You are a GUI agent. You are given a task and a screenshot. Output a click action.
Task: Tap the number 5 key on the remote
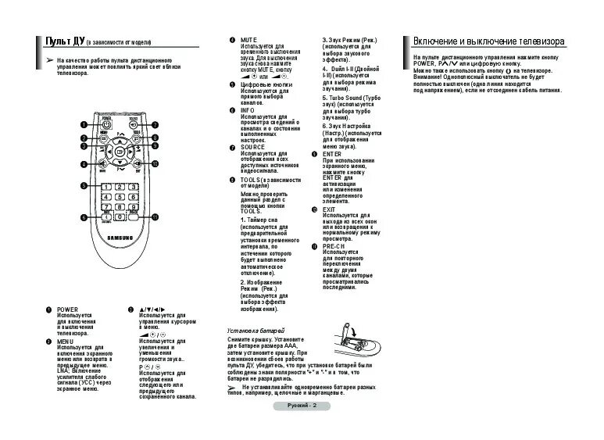(x=120, y=196)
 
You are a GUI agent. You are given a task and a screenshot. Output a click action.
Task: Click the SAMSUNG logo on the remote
(x=120, y=238)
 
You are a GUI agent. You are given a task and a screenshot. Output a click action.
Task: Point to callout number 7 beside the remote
(x=155, y=124)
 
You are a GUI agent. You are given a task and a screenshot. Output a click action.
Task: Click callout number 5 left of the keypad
(x=84, y=186)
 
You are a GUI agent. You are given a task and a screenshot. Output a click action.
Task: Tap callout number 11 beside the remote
(x=155, y=216)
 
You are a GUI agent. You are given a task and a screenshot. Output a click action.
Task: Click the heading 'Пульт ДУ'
(x=61, y=41)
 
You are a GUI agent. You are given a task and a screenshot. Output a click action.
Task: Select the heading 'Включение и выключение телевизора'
(x=488, y=41)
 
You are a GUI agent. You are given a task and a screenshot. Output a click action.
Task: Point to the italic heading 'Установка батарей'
(x=255, y=331)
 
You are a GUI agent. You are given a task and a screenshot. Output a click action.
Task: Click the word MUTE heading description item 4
(x=249, y=39)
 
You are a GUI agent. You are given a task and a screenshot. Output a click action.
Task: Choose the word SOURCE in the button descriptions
(x=252, y=147)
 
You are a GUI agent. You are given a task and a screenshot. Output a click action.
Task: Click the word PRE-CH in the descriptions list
(x=334, y=246)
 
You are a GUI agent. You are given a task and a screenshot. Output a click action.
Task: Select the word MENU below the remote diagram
(x=66, y=342)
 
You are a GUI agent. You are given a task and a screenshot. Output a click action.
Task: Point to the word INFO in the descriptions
(x=248, y=110)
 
